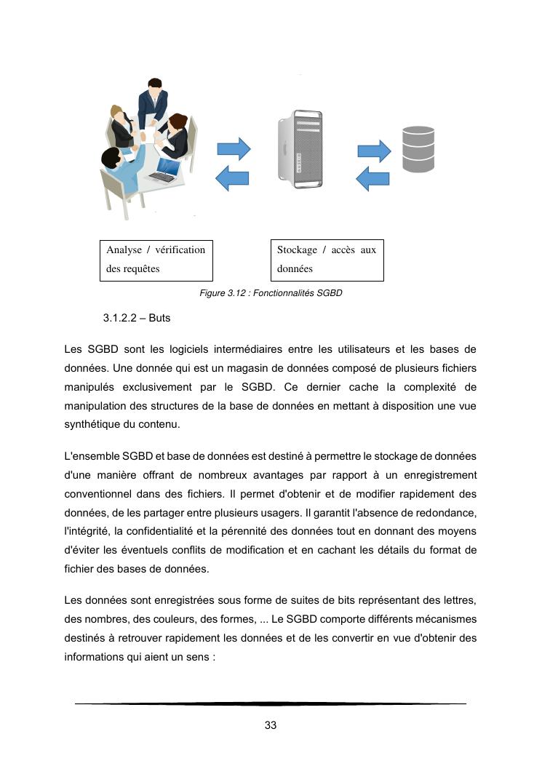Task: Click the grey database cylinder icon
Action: coord(418,149)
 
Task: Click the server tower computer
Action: coord(299,148)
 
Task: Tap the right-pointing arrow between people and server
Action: coord(234,150)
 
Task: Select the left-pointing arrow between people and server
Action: coord(234,177)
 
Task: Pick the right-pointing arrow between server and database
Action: coord(374,151)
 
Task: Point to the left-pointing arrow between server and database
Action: coord(372,178)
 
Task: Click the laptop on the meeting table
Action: coord(164,170)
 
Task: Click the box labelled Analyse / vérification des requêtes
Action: coord(156,260)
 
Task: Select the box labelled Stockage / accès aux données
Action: coord(327,260)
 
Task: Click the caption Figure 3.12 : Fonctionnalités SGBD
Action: coord(271,293)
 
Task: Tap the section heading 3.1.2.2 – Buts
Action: coord(137,319)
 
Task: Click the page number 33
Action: coord(271,725)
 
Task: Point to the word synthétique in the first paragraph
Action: coord(93,424)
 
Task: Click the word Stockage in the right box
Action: coord(297,250)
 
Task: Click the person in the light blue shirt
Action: coord(120,172)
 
